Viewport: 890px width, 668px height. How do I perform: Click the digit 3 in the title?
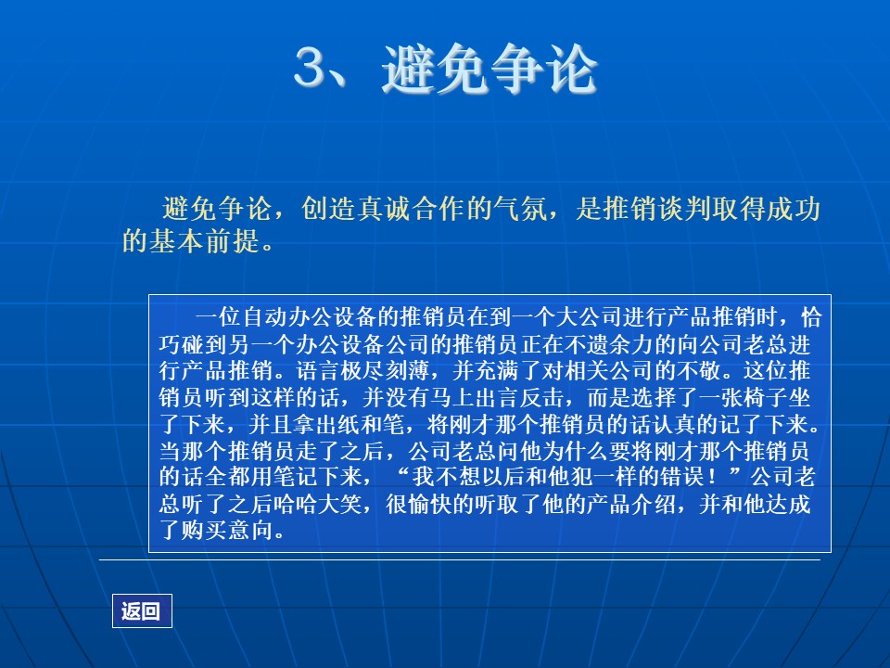click(311, 68)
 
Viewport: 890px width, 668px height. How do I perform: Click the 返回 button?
click(141, 610)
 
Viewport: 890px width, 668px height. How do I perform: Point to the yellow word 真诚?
click(384, 209)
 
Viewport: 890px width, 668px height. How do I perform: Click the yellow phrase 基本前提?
click(205, 241)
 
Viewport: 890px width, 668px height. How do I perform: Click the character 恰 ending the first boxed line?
click(811, 316)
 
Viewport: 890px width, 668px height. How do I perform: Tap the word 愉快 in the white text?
click(430, 503)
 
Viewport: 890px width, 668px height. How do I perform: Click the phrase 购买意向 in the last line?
click(226, 530)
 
